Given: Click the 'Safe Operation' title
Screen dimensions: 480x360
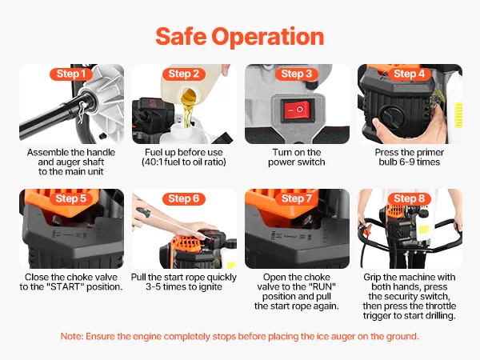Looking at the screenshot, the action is point(240,37).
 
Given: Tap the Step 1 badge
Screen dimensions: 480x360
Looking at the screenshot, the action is point(71,74).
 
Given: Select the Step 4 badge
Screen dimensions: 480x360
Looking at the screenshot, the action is point(410,74).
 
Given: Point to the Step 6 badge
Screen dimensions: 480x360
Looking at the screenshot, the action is point(184,198).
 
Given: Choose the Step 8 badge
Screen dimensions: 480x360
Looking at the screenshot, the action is point(410,198).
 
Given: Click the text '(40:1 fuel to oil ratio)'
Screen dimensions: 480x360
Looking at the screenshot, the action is point(184,162).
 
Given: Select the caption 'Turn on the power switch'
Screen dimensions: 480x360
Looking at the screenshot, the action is point(297,157).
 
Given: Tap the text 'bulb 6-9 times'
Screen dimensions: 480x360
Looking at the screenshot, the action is point(410,162).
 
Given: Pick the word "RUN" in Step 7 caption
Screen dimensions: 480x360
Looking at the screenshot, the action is point(325,287).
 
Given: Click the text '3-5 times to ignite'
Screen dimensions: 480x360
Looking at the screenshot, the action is point(184,287).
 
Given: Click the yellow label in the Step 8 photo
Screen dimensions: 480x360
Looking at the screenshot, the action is point(424,230).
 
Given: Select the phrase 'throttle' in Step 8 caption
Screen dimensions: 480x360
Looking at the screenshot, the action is point(440,306).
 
